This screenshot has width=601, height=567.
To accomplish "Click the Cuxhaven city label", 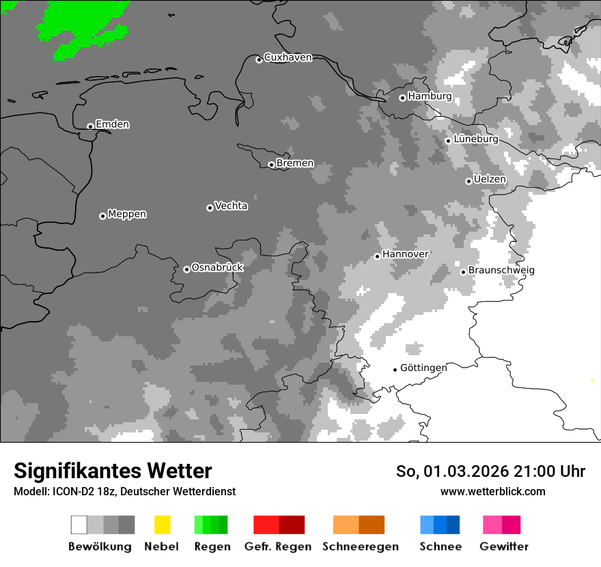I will pos(288,57).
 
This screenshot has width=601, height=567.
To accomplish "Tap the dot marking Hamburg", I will pos(402,98).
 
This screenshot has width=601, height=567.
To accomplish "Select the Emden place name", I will pos(112,124).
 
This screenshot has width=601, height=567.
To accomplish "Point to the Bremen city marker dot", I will pos(271,165).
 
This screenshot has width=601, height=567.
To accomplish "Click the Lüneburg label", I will pos(475,139).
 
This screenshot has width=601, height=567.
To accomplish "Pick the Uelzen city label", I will pos(490,179).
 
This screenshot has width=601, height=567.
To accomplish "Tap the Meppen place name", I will pos(127,214).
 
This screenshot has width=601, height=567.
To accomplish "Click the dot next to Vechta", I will pos(210,208).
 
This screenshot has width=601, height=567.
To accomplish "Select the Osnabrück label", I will pos(217,267).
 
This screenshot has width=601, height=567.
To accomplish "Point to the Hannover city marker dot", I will pos(377,256).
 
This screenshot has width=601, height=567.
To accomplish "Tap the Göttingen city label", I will pos(423,368).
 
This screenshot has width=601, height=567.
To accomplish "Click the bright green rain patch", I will pos(82,27).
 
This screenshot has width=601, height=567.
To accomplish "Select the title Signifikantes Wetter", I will pos(113,471).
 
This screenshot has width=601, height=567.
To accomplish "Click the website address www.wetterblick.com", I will pos(492,491).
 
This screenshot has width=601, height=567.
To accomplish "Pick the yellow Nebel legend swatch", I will pos(162,525).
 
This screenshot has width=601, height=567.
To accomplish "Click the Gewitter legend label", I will pos(503,547).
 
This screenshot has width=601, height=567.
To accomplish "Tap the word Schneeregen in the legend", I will pos(360,547).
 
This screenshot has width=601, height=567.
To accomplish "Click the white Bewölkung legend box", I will pos(79,525).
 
